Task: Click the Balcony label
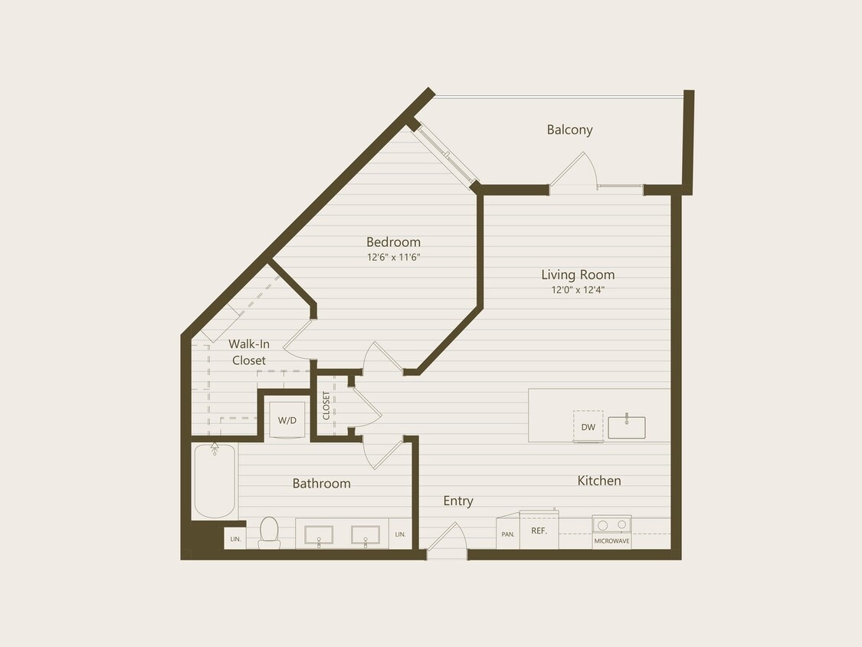569,130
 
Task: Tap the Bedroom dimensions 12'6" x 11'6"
393,258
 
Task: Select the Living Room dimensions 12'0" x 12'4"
578,290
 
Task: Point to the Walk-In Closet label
249,352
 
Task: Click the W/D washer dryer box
287,420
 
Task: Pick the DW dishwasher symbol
588,426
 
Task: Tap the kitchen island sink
627,427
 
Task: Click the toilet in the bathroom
269,532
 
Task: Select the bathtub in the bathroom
214,481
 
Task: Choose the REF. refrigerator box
539,530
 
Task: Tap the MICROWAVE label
611,541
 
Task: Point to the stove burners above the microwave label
611,525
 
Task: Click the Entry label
458,501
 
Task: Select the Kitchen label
599,481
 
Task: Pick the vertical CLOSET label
326,406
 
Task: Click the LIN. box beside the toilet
234,539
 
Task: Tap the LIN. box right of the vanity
400,534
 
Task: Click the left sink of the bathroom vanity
319,534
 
